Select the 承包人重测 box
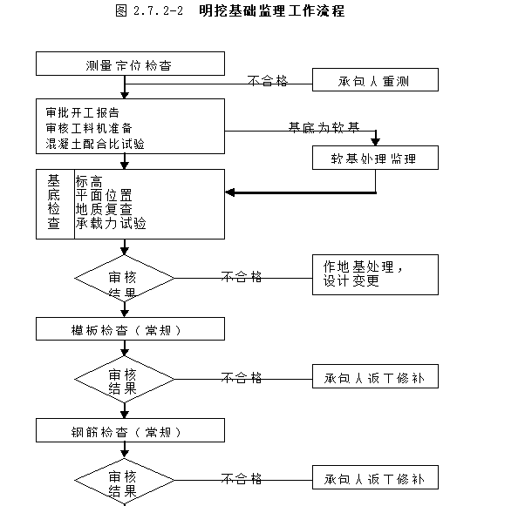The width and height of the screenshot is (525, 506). pos(375,81)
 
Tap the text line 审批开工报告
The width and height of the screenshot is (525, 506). pos(83,113)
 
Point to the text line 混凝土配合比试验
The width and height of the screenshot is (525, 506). pos(96,143)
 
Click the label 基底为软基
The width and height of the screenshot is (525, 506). pos(324,127)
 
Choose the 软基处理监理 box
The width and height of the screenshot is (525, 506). pos(375,158)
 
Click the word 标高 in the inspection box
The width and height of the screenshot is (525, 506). pos(90,181)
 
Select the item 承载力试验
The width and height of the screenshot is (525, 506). pos(111,223)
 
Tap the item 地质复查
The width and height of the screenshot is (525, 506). pos(104,209)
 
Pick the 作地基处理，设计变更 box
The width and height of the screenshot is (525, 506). pos(375,274)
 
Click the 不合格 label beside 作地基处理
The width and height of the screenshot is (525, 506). pos(242,276)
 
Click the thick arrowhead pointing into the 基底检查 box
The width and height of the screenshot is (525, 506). pos(232,192)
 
